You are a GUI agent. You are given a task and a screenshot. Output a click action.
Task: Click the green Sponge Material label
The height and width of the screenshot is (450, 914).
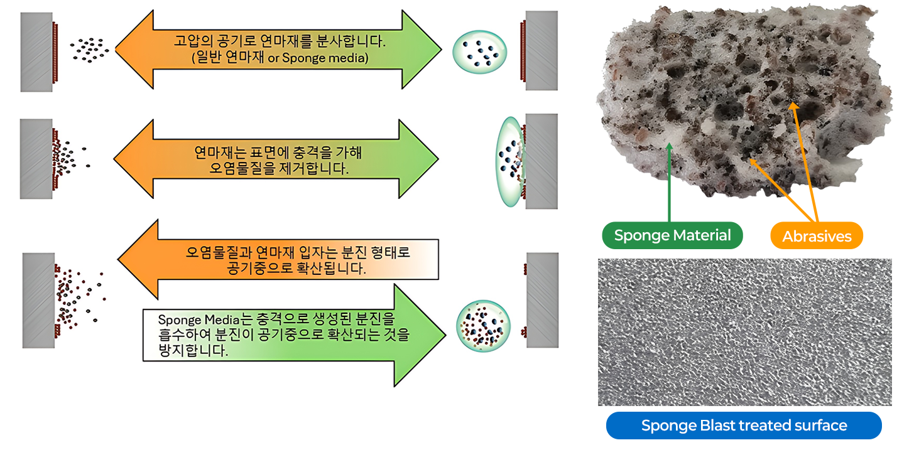pyautogui.click(x=672, y=236)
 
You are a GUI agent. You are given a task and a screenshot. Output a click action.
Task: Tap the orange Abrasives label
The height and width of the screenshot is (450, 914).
pyautogui.click(x=817, y=237)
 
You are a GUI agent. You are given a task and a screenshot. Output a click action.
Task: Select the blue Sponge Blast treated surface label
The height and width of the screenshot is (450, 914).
pyautogui.click(x=744, y=426)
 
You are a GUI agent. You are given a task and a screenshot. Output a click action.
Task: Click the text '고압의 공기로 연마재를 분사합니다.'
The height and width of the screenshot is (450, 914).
pyautogui.click(x=279, y=43)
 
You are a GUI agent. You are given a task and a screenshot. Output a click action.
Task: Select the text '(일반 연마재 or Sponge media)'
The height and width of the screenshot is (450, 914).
pyautogui.click(x=279, y=58)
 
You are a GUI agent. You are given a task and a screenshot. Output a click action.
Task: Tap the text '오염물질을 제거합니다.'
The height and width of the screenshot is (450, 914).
pyautogui.click(x=279, y=169)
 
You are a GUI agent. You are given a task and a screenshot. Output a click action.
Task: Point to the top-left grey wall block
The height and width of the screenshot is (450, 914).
pyautogui.click(x=36, y=52)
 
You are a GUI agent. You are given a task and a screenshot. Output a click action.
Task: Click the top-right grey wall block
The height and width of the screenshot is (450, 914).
pyautogui.click(x=541, y=50)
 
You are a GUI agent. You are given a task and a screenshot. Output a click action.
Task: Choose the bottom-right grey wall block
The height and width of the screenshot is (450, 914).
pyautogui.click(x=542, y=299)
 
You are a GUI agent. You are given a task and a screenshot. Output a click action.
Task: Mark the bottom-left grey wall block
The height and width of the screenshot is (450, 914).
pyautogui.click(x=38, y=300)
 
